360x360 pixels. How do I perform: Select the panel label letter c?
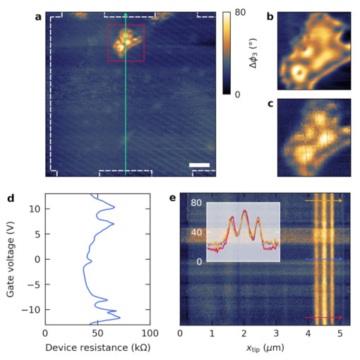[270, 104]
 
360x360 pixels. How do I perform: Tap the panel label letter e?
[174, 198]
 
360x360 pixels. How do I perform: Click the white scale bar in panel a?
[200, 166]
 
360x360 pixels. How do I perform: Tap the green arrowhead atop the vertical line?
[126, 15]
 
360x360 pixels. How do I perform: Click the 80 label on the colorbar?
[239, 13]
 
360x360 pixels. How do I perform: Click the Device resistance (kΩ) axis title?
[97, 349]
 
